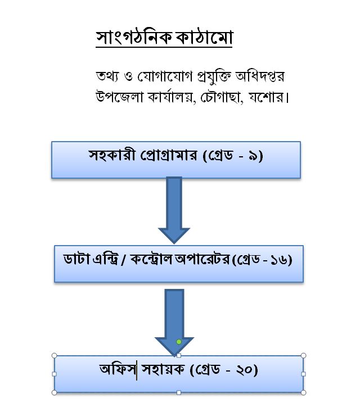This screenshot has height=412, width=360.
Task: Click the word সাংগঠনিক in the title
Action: pyautogui.click(x=134, y=38)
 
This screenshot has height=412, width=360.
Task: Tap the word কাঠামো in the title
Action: pyautogui.click(x=204, y=37)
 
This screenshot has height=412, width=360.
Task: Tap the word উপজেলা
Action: pyautogui.click(x=119, y=97)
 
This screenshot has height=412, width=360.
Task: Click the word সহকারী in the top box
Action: pyautogui.click(x=112, y=155)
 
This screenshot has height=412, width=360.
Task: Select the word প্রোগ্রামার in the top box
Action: pyautogui.click(x=169, y=156)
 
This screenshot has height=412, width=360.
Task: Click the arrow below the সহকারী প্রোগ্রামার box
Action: pyautogui.click(x=174, y=210)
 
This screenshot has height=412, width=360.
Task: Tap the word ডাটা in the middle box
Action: pyautogui.click(x=77, y=259)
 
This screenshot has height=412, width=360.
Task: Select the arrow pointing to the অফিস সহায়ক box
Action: pyautogui.click(x=174, y=322)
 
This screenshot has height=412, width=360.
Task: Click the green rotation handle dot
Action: pyautogui.click(x=179, y=342)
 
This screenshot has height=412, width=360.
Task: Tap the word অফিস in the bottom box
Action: pyautogui.click(x=118, y=369)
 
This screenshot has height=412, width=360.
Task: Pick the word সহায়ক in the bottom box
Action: pyautogui.click(x=163, y=369)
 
